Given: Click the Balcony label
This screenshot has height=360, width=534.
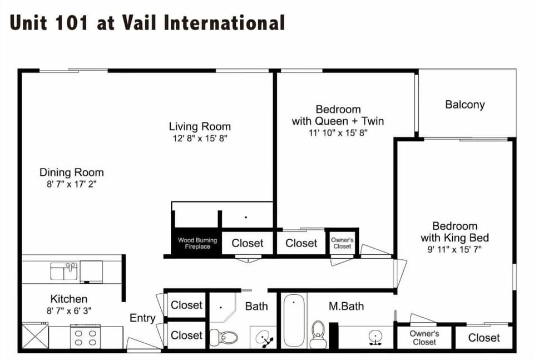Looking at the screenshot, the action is [x=465, y=105].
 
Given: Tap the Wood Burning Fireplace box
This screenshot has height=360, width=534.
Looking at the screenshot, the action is [x=197, y=242].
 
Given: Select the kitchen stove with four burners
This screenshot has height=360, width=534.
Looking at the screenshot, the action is [x=86, y=337].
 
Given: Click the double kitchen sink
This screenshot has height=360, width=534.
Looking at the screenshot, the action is [x=64, y=271].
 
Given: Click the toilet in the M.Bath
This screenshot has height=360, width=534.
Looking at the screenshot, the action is [x=318, y=334].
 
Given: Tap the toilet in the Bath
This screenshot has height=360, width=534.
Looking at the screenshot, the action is [x=224, y=338].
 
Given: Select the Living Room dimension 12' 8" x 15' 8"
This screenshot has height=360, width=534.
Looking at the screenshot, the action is [x=200, y=139].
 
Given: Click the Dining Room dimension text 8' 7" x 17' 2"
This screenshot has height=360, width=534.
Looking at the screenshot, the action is [x=72, y=184].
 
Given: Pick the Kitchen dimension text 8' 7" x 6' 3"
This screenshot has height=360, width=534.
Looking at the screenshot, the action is [x=69, y=310].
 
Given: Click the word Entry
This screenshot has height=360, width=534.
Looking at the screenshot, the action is [x=142, y=318].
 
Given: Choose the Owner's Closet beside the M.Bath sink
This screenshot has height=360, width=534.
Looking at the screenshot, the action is [x=424, y=338].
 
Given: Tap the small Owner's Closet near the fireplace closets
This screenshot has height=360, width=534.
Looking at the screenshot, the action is [x=342, y=243].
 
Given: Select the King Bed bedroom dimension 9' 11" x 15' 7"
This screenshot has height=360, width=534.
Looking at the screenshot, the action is [x=454, y=250].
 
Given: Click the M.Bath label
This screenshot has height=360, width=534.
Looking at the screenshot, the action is [x=346, y=306].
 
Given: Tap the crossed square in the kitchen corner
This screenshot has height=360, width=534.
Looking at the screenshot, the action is [x=36, y=336].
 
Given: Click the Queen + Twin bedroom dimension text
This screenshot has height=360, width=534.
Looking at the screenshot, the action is [x=338, y=133].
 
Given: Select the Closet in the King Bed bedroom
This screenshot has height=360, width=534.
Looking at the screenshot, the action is [x=484, y=338].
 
